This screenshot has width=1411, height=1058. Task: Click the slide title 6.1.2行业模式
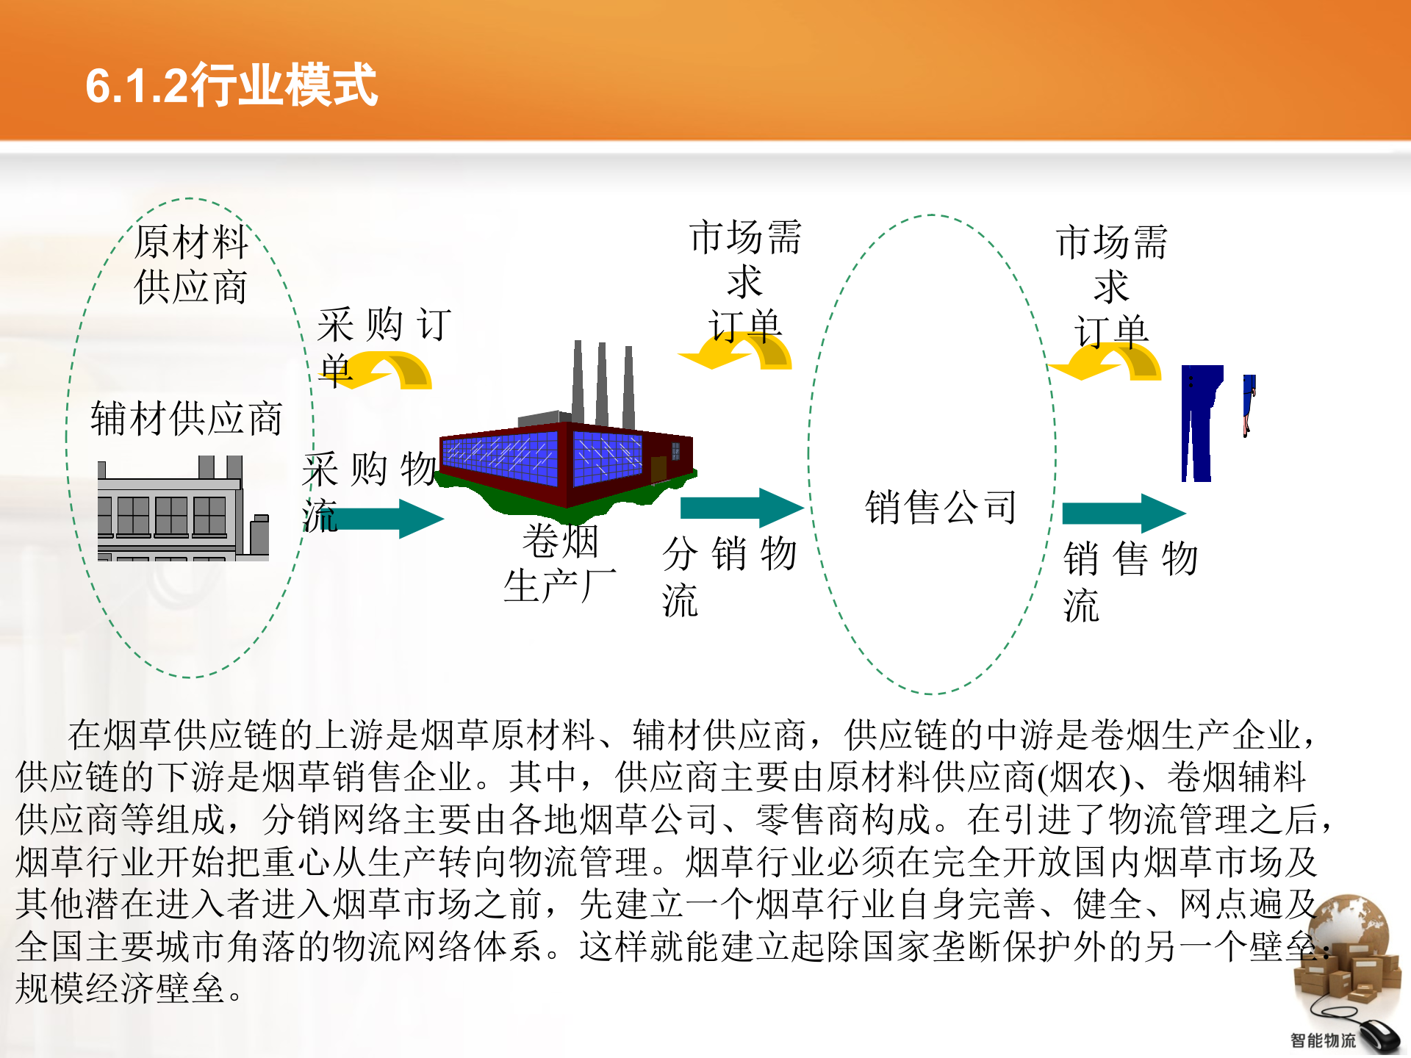pos(231,86)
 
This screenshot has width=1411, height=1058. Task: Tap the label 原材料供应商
pos(191,264)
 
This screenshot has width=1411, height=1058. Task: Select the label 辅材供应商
pos(187,420)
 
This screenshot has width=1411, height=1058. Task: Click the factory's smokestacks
pos(603,382)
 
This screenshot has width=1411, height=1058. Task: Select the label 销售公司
pos(941,508)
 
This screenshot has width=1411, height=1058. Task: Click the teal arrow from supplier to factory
pos(389,519)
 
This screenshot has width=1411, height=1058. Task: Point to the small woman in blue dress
pos(1249,404)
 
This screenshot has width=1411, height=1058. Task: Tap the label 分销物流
pos(728,577)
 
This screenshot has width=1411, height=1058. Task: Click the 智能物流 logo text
pos(1323,1040)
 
